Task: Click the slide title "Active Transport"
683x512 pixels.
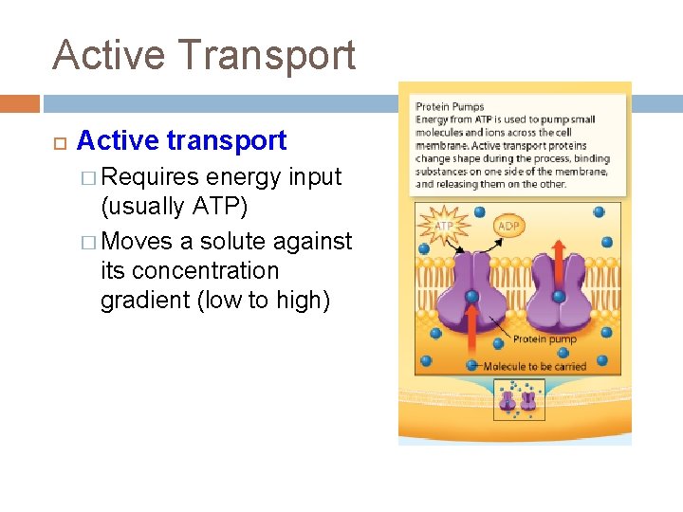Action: [204, 54]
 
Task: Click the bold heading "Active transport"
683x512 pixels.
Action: [181, 140]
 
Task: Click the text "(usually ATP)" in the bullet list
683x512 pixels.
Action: [174, 208]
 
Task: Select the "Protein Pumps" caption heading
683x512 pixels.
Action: [450, 106]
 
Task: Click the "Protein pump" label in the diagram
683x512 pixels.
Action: [545, 338]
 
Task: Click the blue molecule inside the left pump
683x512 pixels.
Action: [471, 297]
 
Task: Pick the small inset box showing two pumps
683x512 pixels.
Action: [518, 399]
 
